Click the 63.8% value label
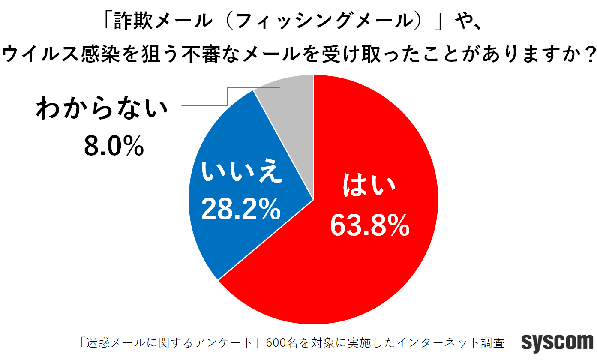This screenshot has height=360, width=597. point(369,226)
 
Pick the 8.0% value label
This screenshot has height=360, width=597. point(114,147)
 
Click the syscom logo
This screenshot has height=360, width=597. point(557,342)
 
